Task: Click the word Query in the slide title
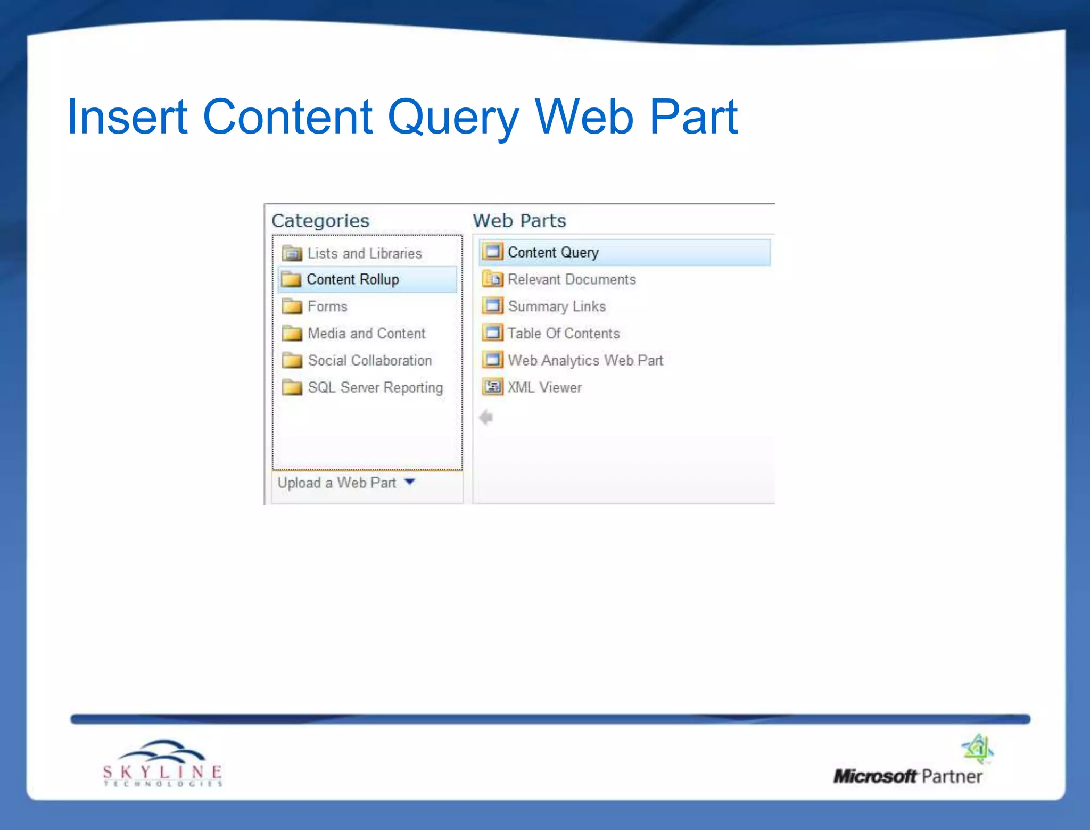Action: (453, 118)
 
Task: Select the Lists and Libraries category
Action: (364, 253)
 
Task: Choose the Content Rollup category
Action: (352, 280)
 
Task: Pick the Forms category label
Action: (327, 306)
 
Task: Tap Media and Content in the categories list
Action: (366, 334)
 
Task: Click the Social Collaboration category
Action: (369, 361)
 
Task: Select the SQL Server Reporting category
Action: (375, 387)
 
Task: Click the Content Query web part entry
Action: (553, 252)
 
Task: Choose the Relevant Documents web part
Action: (572, 279)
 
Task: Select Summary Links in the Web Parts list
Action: (557, 306)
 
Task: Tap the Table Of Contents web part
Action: (564, 334)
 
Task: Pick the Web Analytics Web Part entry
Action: (585, 361)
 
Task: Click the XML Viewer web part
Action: (544, 387)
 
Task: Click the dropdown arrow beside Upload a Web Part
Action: (410, 482)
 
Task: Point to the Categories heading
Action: (320, 221)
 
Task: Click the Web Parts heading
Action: (519, 221)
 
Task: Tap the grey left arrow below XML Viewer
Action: (486, 418)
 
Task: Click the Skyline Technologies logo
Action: (162, 764)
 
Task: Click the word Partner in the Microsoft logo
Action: (952, 777)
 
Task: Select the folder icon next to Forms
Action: (292, 306)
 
